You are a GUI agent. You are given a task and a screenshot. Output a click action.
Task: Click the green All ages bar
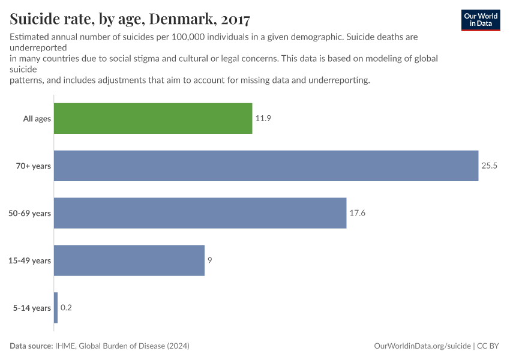(x=153, y=118)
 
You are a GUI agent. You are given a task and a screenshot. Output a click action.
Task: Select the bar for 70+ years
(x=266, y=166)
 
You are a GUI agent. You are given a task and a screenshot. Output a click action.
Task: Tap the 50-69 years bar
(x=200, y=213)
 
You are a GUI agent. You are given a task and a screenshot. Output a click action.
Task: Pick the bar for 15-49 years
(x=129, y=260)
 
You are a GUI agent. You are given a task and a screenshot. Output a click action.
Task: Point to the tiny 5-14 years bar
(x=56, y=308)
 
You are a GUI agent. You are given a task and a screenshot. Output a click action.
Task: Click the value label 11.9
(x=263, y=119)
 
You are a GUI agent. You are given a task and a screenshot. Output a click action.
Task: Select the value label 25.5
(x=490, y=166)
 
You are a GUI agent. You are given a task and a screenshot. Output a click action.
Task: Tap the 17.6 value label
(x=358, y=213)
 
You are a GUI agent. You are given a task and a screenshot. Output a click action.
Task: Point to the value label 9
(x=210, y=260)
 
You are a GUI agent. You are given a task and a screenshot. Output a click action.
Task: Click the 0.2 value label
(x=66, y=308)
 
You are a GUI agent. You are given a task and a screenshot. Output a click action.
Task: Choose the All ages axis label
(x=37, y=119)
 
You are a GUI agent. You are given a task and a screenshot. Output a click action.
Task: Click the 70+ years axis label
(x=34, y=166)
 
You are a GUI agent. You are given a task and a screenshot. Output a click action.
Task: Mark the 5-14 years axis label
(x=32, y=308)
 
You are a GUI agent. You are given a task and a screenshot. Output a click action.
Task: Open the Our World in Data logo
(x=481, y=20)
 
